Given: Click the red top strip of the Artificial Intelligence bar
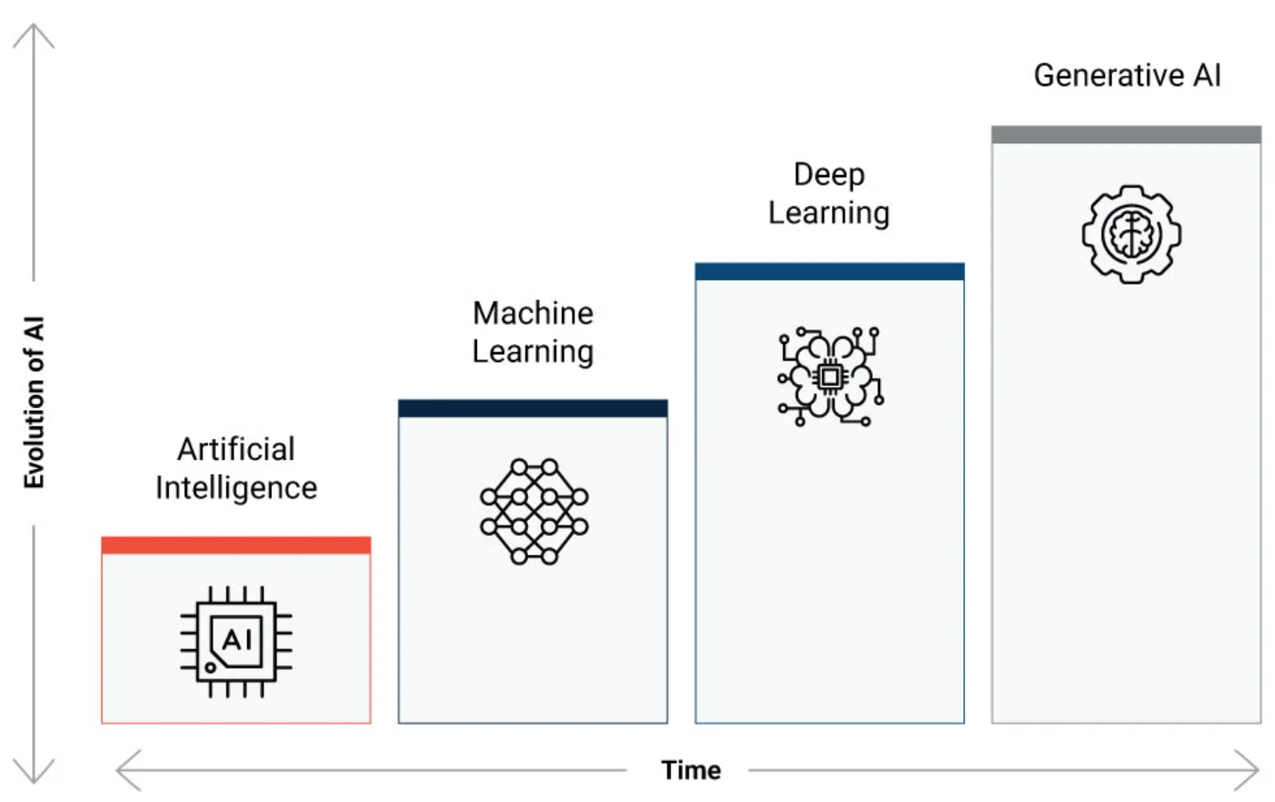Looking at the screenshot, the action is pos(236,545).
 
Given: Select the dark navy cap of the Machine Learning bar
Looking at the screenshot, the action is pos(533,409).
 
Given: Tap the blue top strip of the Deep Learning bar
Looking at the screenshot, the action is pos(829,271).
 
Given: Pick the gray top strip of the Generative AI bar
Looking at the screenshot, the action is pos(1125,134).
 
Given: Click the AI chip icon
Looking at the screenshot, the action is pos(236,641).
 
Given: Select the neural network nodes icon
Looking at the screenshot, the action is pos(534,512).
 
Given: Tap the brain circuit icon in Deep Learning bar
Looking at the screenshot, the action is pos(831,377).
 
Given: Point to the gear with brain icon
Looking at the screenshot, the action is pos(1132,234).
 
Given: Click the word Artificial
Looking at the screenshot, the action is pos(236,449).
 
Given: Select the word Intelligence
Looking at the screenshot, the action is pos(236,488).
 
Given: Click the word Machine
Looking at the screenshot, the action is pos(533,313).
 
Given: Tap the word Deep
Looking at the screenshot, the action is pos(829,175).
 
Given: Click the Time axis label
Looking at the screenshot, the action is pos(691,770).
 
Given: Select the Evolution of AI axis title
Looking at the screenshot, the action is pos(34,402).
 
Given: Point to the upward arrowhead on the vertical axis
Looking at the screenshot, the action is pos(34,36).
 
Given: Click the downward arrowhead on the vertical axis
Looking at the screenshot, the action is pos(34,771).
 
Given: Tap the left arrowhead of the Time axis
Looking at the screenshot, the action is pos(128,770).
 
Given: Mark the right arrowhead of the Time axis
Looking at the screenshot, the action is pos(1247,770).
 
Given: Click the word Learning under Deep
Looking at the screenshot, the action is pos(829,214).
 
